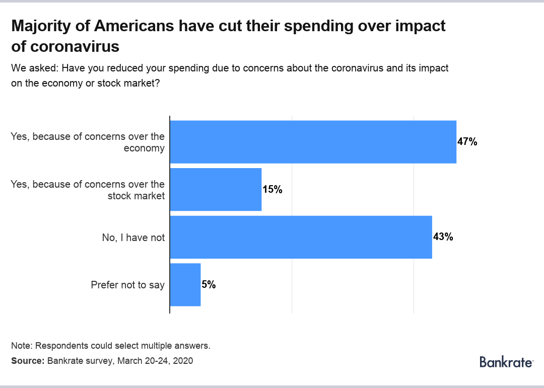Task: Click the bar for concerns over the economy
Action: [x=313, y=142]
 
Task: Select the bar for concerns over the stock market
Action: [x=216, y=189]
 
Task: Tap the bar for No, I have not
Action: [x=301, y=237]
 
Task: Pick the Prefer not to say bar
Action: [x=185, y=284]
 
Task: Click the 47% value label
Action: [x=467, y=142]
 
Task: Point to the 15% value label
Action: [x=273, y=190]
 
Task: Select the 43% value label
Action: [x=443, y=237]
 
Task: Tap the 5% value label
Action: [x=209, y=284]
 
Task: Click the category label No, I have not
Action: [x=133, y=238]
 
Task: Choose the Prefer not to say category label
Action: [x=127, y=285]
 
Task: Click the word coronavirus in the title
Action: [x=75, y=46]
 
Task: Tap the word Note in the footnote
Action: [x=21, y=346]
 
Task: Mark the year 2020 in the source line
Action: [x=183, y=361]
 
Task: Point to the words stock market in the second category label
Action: [x=136, y=196]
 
